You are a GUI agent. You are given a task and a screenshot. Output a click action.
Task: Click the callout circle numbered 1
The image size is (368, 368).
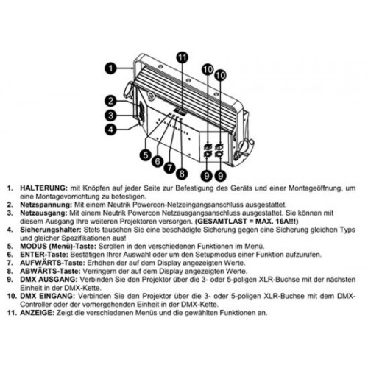point(111,68)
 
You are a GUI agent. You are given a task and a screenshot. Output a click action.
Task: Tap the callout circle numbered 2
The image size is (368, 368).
point(111,101)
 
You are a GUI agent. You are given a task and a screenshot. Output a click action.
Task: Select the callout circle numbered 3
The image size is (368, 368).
point(111,115)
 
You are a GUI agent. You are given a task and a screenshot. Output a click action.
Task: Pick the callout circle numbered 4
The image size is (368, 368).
point(111,130)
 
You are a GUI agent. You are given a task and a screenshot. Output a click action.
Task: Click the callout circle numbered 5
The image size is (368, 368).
point(146,155)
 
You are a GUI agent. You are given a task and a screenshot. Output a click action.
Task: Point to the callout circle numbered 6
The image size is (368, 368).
point(158,161)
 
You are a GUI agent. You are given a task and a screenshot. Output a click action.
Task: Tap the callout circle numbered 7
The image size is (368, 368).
point(169,168)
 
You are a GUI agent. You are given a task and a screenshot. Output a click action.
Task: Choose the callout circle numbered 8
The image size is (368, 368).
point(182,174)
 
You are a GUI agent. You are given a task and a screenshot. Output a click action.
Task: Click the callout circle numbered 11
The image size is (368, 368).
point(182,57)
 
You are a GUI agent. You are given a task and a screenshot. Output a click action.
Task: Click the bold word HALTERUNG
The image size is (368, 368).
point(43,188)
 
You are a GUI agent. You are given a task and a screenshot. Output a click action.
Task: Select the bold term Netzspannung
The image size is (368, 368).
point(46,205)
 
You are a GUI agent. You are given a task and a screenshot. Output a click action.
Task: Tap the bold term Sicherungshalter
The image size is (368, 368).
point(51,230)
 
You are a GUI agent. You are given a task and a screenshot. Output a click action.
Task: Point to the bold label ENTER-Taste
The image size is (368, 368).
point(44,255)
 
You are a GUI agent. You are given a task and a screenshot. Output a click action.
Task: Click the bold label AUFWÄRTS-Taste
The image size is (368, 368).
point(52,263)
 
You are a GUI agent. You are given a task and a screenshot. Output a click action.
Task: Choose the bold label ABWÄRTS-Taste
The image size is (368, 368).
point(50,271)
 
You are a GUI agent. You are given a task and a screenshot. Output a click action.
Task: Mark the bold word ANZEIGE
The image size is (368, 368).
point(37,313)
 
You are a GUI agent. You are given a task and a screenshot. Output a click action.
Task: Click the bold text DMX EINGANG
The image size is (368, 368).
point(47,296)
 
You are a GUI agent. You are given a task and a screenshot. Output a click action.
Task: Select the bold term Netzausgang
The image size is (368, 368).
point(43,213)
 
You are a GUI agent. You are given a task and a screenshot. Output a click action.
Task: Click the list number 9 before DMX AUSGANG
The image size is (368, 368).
point(10,280)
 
